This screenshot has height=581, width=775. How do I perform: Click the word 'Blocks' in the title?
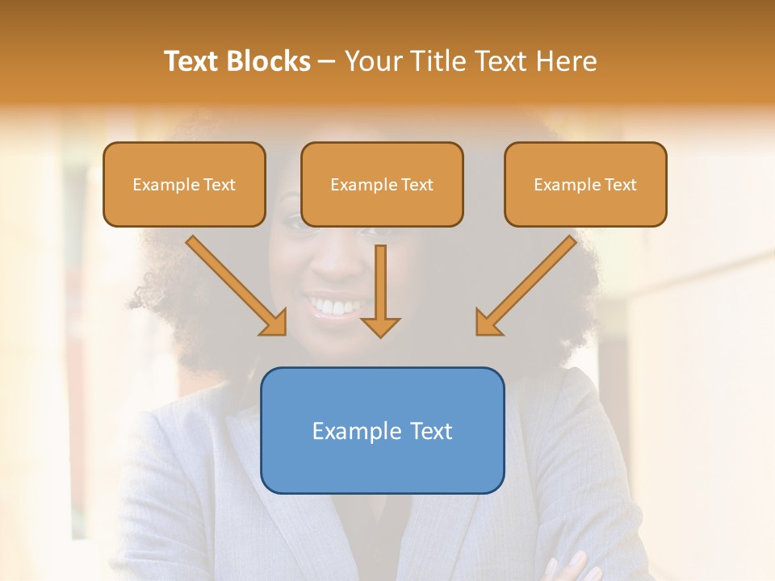(x=268, y=61)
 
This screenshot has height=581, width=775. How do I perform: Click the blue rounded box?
(x=382, y=464)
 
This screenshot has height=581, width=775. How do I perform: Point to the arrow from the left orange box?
(x=234, y=283)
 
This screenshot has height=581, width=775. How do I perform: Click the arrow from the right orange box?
(x=528, y=283)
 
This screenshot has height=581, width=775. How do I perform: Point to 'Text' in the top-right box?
(x=621, y=185)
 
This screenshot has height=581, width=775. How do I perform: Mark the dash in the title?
(x=327, y=62)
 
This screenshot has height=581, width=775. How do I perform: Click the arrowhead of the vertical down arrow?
(x=380, y=326)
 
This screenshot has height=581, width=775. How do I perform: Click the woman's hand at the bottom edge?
(x=570, y=566)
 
